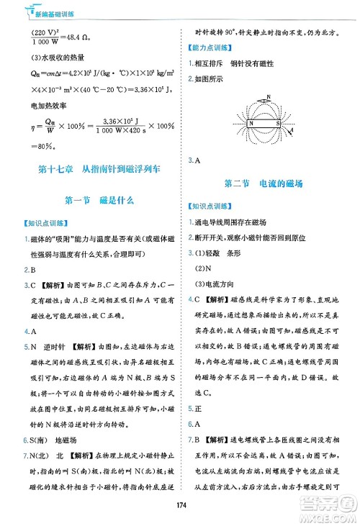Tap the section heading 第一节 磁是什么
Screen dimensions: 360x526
coord(99,199)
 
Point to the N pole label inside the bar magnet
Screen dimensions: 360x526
coord(252,122)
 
